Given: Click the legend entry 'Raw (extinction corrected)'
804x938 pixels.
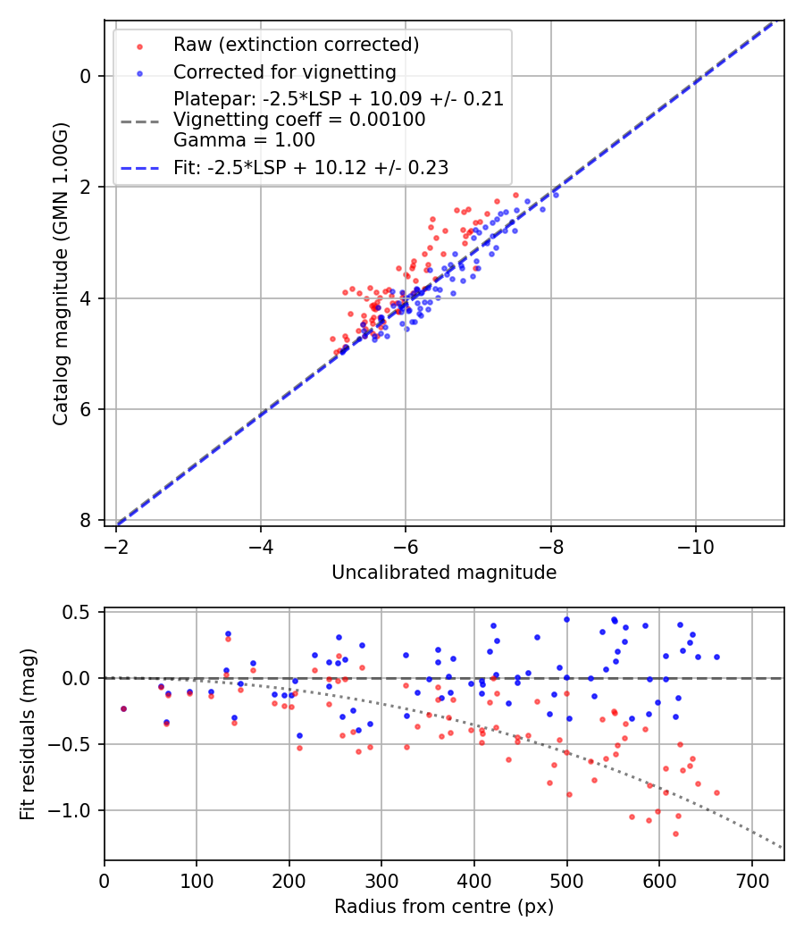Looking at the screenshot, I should (x=296, y=45).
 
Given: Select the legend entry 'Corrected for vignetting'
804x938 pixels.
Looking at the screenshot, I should (x=284, y=71).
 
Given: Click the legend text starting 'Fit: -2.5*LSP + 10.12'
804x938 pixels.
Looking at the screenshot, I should (x=311, y=167).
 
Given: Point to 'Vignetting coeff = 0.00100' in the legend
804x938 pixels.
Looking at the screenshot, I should (x=299, y=120).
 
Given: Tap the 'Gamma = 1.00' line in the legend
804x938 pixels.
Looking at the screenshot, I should (x=244, y=140).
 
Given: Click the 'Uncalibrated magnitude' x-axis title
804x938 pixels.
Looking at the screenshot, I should (x=444, y=573).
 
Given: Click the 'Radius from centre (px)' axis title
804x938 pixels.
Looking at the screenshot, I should (x=444, y=907).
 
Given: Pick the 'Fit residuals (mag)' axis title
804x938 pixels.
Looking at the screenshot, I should (x=28, y=733).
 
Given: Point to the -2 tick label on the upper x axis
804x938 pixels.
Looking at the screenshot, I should (x=116, y=547).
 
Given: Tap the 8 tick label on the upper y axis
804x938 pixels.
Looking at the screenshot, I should (x=86, y=521).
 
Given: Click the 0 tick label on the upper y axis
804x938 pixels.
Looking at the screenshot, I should (x=86, y=76).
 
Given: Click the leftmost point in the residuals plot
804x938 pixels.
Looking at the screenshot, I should (x=123, y=708).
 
